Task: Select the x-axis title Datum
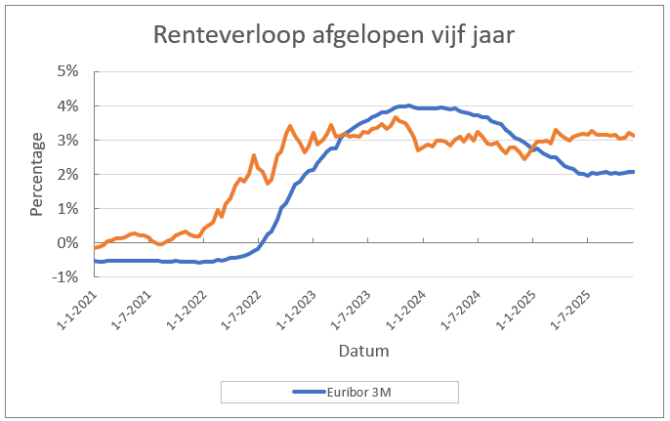tap(363, 350)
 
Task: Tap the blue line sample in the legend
tap(310, 392)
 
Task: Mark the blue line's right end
tap(634, 172)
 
